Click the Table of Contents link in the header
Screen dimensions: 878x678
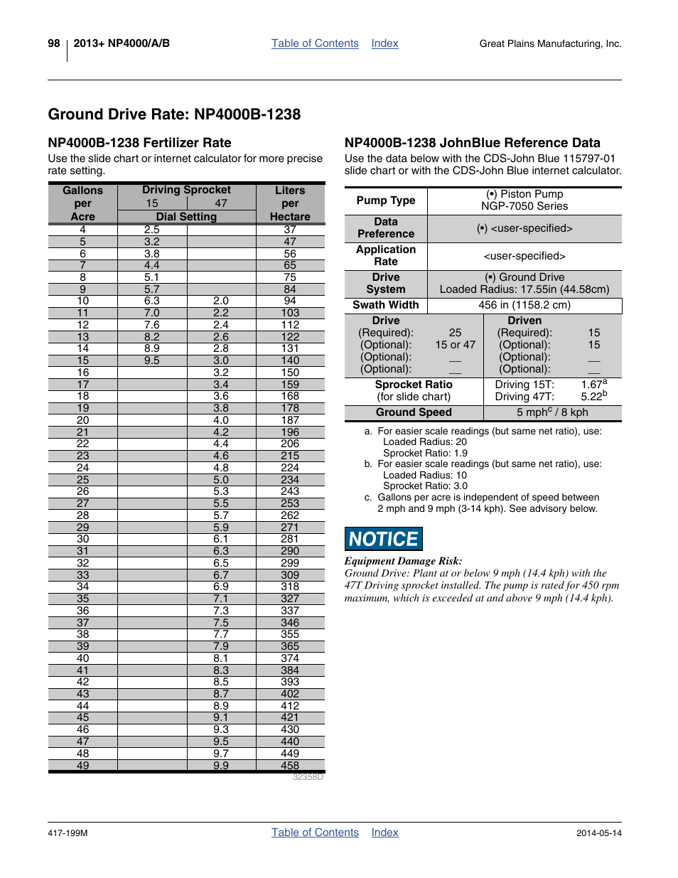pyautogui.click(x=315, y=43)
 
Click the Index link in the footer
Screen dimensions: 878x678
pyautogui.click(x=384, y=833)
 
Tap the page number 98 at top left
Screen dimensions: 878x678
pyautogui.click(x=54, y=43)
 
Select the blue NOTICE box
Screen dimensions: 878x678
pyautogui.click(x=384, y=539)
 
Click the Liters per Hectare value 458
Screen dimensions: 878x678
pyautogui.click(x=290, y=766)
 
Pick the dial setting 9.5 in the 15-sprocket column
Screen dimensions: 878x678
pyautogui.click(x=152, y=360)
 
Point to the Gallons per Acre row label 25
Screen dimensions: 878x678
pyautogui.click(x=83, y=480)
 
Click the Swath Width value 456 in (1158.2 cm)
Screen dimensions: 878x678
pyautogui.click(x=524, y=305)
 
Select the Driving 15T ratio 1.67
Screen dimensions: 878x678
pyautogui.click(x=592, y=385)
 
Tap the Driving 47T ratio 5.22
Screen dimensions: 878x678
pyautogui.click(x=592, y=397)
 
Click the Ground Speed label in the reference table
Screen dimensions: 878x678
pyautogui.click(x=414, y=412)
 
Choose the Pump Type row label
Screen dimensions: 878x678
pyautogui.click(x=386, y=200)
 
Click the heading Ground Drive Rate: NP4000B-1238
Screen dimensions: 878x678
pyautogui.click(x=174, y=114)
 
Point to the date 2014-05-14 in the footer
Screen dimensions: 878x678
pyautogui.click(x=598, y=833)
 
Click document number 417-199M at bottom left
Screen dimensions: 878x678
pyautogui.click(x=68, y=833)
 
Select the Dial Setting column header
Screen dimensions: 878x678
pyautogui.click(x=186, y=217)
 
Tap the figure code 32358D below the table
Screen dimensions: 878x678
pyautogui.click(x=308, y=777)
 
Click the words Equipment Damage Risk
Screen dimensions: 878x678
pyautogui.click(x=403, y=561)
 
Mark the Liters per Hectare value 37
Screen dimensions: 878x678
pyautogui.click(x=290, y=230)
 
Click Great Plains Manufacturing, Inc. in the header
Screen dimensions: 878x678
pyautogui.click(x=550, y=44)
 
